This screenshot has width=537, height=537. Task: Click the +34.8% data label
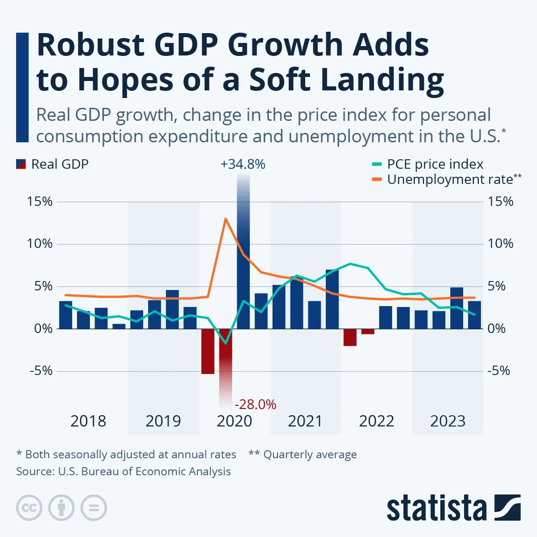click(243, 165)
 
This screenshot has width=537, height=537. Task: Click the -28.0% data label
click(256, 405)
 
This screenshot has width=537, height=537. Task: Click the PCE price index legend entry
click(435, 164)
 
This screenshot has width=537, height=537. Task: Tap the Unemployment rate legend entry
click(450, 179)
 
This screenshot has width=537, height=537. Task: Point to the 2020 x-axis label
click(234, 421)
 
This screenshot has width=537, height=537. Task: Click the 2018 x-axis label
click(88, 421)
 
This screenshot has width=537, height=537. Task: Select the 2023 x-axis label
click(447, 421)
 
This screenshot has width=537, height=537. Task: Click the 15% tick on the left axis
click(40, 202)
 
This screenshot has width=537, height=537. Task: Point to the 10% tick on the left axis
click(40, 244)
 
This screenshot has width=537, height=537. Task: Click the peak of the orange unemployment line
click(226, 219)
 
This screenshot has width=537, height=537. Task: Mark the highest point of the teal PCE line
click(350, 264)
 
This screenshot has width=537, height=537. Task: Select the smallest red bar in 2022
click(368, 332)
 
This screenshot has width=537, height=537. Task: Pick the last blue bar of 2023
click(474, 315)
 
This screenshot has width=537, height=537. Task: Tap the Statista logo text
click(437, 509)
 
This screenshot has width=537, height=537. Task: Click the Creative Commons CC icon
click(29, 508)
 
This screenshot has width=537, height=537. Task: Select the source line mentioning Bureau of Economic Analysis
click(124, 472)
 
